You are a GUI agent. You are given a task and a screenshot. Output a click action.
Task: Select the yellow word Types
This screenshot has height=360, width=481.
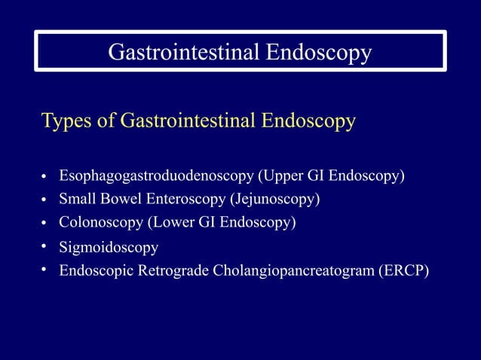[66, 121]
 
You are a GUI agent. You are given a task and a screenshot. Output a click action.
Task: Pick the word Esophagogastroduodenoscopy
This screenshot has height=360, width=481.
[156, 176]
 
